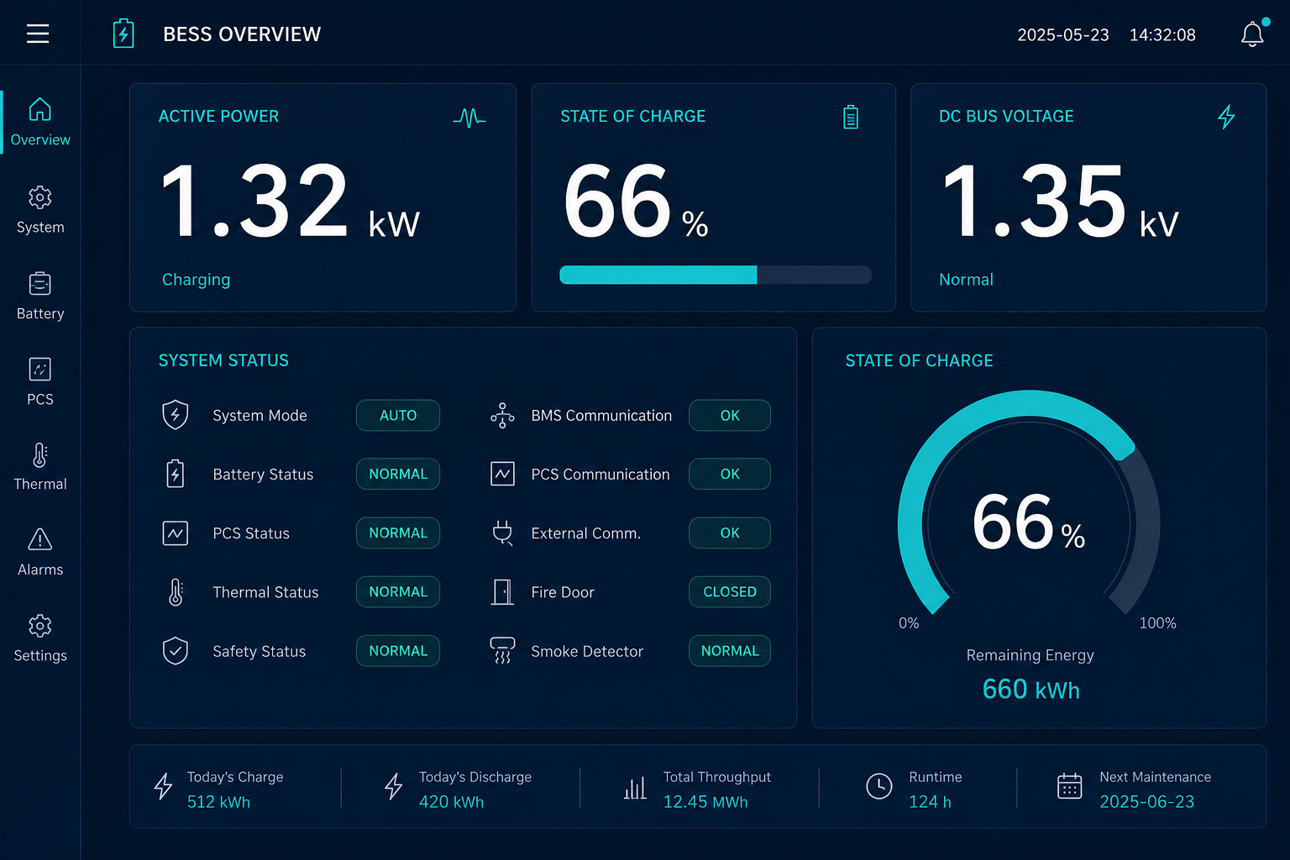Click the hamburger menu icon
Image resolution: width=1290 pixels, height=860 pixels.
pyautogui.click(x=38, y=34)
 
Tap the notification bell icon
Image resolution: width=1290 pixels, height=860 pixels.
pyautogui.click(x=1252, y=34)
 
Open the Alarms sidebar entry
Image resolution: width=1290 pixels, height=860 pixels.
pyautogui.click(x=39, y=552)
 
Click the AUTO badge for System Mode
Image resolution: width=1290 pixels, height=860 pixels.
pyautogui.click(x=398, y=416)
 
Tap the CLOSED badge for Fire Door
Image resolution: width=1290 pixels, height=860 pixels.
pyautogui.click(x=730, y=591)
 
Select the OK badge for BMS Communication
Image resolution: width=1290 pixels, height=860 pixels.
pyautogui.click(x=730, y=416)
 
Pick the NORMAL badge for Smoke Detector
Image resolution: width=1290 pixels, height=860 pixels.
pyautogui.click(x=730, y=651)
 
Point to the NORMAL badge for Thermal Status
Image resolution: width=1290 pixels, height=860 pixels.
pyautogui.click(x=398, y=591)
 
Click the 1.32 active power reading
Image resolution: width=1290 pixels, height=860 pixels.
pyautogui.click(x=254, y=201)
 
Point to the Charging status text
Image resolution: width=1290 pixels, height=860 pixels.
pyautogui.click(x=196, y=280)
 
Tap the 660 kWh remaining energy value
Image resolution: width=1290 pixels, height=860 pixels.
pyautogui.click(x=1030, y=690)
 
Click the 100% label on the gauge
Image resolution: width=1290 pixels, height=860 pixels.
pyautogui.click(x=1157, y=622)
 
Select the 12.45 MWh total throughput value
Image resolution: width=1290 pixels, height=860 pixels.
pyautogui.click(x=705, y=802)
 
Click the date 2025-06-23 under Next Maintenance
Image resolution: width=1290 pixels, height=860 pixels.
pyautogui.click(x=1146, y=802)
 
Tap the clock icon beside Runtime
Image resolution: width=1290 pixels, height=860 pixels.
pyautogui.click(x=878, y=786)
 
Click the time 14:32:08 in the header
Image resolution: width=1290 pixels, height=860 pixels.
pyautogui.click(x=1162, y=35)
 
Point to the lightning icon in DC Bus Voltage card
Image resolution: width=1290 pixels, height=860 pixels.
pyautogui.click(x=1226, y=117)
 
